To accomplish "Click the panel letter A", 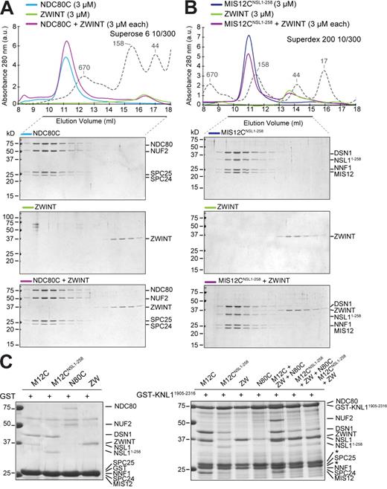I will (x=7, y=7).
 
